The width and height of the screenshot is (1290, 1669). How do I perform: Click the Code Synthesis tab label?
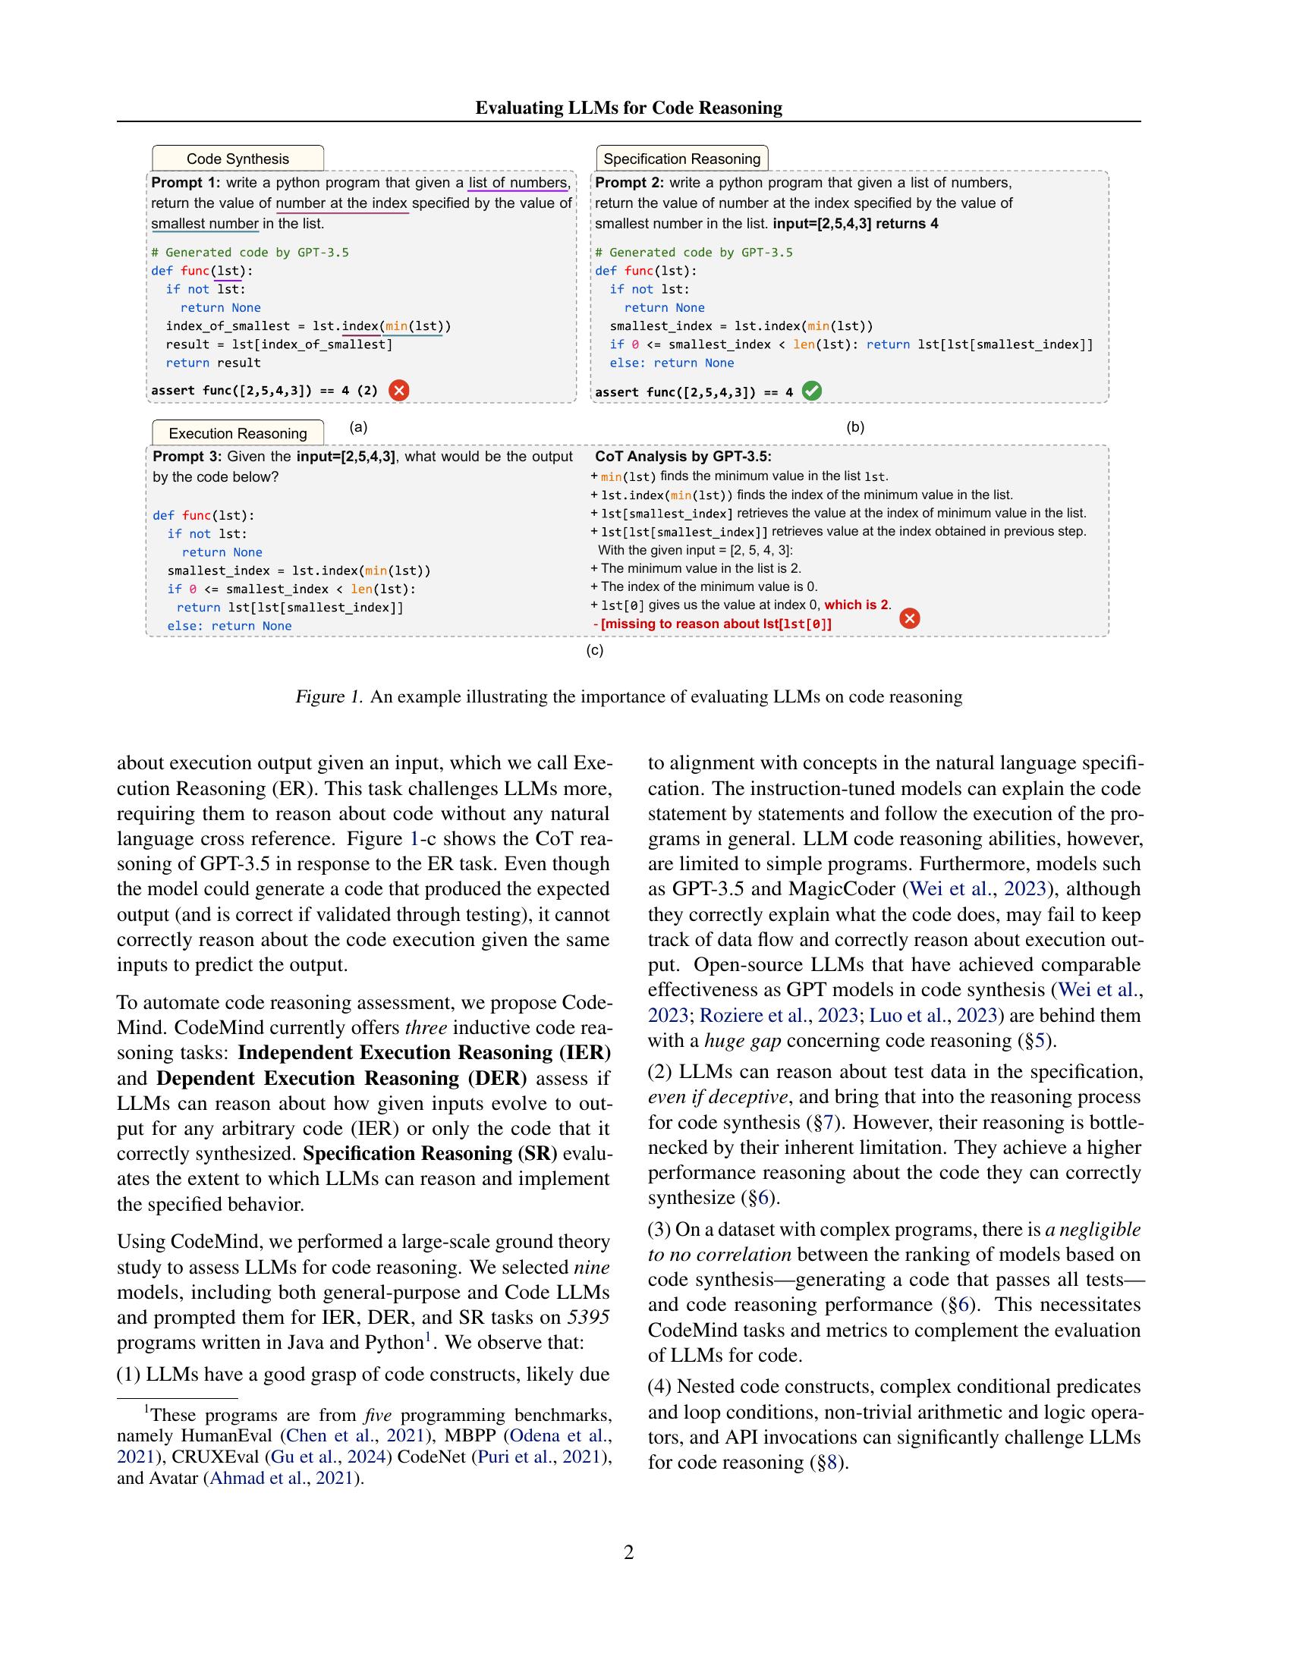tap(238, 159)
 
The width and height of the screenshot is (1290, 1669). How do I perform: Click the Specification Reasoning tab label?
tap(681, 159)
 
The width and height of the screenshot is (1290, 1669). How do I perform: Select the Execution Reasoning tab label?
tap(238, 433)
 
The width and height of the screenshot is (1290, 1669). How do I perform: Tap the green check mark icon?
tap(812, 391)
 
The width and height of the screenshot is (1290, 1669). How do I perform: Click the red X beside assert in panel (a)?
tap(399, 391)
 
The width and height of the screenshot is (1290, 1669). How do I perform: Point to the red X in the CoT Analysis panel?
tap(909, 618)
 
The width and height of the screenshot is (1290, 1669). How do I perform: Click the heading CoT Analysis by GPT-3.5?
tap(683, 457)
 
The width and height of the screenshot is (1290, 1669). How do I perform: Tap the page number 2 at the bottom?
tap(629, 1552)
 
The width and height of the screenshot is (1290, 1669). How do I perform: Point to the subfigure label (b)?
tap(855, 427)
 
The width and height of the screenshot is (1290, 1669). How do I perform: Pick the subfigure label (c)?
tap(595, 650)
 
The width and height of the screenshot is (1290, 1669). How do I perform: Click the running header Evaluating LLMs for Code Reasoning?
tap(628, 108)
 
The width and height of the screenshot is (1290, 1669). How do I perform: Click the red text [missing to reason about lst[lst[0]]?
tap(716, 624)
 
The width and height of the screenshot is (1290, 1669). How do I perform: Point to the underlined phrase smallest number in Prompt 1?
tap(205, 224)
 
